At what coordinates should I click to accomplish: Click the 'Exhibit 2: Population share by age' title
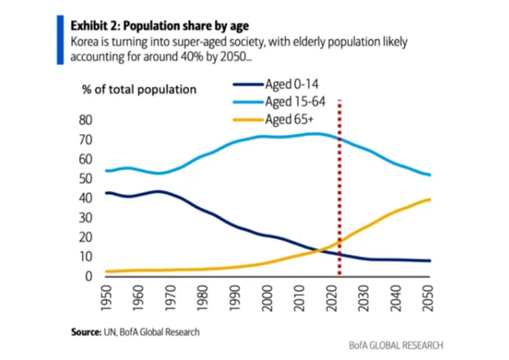(160, 26)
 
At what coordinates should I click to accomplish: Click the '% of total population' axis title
(139, 89)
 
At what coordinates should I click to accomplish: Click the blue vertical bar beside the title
(60, 40)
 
